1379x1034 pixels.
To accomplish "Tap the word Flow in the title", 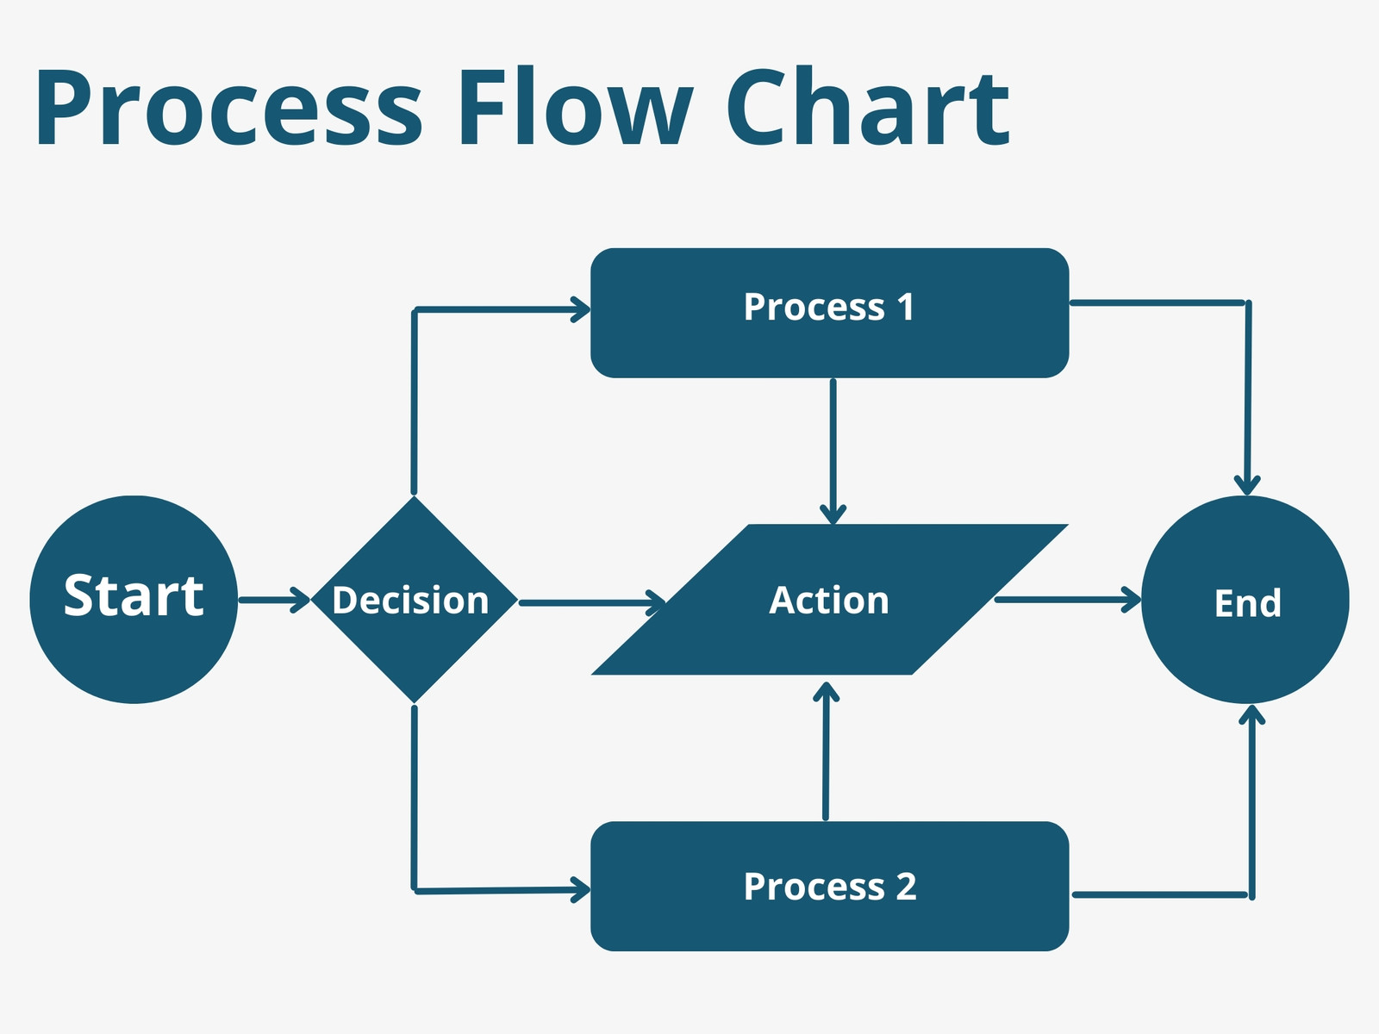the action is coord(577,105).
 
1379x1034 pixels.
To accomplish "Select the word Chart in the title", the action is coord(868,105).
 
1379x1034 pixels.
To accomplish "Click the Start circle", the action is coord(134,600).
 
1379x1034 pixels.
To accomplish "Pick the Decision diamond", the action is coord(414,600).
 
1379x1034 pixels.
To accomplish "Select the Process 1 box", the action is coord(829,313).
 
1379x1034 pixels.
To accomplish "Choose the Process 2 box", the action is coord(829,886).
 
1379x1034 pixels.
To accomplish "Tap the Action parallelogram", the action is coord(829,600).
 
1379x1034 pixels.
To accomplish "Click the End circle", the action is coord(1245,600).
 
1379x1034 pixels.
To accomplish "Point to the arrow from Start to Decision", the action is coord(274,601).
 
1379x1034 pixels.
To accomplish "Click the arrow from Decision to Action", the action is coord(592,602).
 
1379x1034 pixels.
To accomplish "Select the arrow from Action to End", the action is coord(1068,600).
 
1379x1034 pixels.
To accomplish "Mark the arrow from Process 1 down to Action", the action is coord(833,452).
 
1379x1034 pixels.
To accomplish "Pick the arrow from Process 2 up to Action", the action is coord(826,751).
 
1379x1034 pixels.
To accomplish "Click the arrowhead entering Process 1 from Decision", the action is coord(581,309).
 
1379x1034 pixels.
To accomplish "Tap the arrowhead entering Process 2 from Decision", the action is coord(581,889).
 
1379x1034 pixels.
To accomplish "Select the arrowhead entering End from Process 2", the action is coord(1251,714).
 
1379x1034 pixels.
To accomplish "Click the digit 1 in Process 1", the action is coord(905,307).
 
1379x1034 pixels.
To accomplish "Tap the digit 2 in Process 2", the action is coord(906,887).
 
